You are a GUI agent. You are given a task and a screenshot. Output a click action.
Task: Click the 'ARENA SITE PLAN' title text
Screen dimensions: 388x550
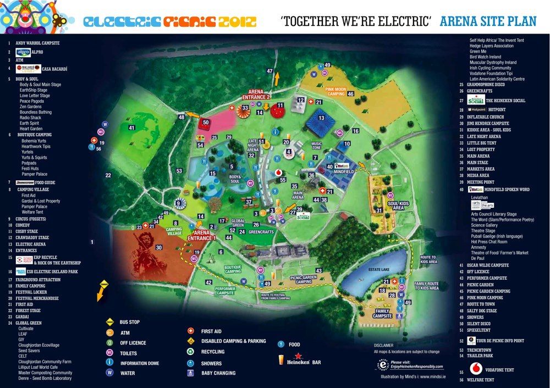pyautogui.click(x=488, y=21)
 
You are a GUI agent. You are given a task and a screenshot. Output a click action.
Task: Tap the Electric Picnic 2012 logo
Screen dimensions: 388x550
pyautogui.click(x=169, y=22)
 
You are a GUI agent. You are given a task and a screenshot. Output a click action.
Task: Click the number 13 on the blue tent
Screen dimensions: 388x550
pyautogui.click(x=321, y=118)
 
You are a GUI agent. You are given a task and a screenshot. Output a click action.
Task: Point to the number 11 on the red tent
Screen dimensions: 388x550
pyautogui.click(x=280, y=105)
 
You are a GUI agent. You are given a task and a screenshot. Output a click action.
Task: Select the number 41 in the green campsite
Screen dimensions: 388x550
pyautogui.click(x=131, y=128)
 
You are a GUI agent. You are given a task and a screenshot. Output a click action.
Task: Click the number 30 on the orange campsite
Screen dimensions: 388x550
pyautogui.click(x=159, y=247)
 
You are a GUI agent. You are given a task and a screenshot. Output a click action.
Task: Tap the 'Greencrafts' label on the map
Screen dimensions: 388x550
pyautogui.click(x=261, y=232)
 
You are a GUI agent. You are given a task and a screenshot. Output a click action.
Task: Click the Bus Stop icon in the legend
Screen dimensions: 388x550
pyautogui.click(x=109, y=321)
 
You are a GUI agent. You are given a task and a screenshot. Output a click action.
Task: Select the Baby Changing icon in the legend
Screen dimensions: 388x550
pyautogui.click(x=191, y=373)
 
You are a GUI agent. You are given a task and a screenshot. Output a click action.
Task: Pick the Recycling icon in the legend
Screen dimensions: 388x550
pyautogui.click(x=191, y=352)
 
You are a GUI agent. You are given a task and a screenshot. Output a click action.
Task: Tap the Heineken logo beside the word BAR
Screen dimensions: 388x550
pyautogui.click(x=291, y=360)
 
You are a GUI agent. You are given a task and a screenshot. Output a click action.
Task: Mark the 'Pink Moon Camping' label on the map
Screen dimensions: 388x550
pyautogui.click(x=337, y=91)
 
